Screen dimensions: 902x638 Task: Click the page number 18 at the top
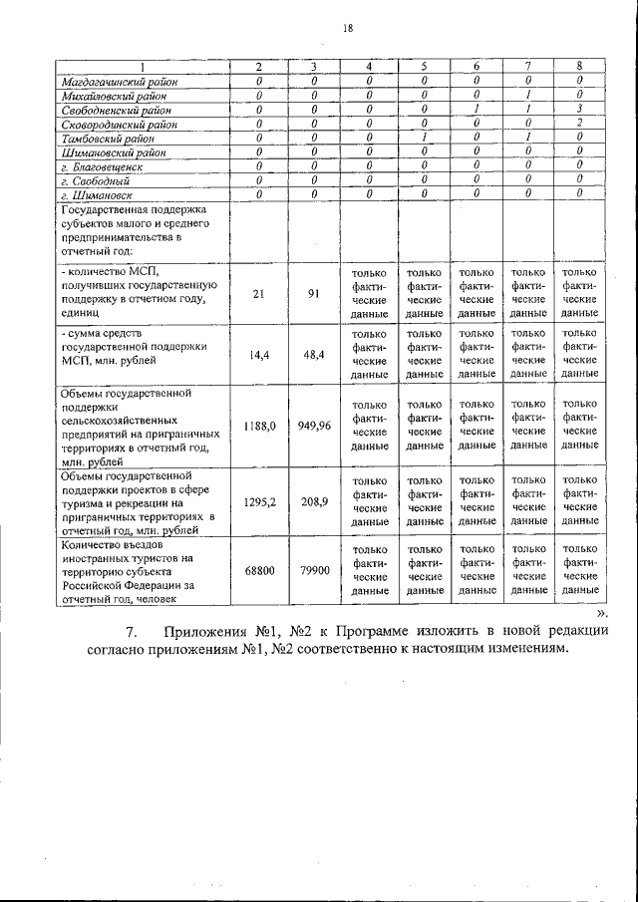coord(348,29)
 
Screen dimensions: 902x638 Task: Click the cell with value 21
coord(258,293)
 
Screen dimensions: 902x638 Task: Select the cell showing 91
coord(313,293)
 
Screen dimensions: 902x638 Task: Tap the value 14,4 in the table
coord(258,354)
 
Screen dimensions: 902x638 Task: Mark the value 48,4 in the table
coord(313,354)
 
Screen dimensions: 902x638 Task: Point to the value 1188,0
coord(258,425)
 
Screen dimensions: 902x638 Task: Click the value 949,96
coord(313,425)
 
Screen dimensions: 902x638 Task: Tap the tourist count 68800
coord(258,570)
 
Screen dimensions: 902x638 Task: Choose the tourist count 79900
coord(313,570)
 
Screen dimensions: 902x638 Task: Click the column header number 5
coord(424,66)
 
